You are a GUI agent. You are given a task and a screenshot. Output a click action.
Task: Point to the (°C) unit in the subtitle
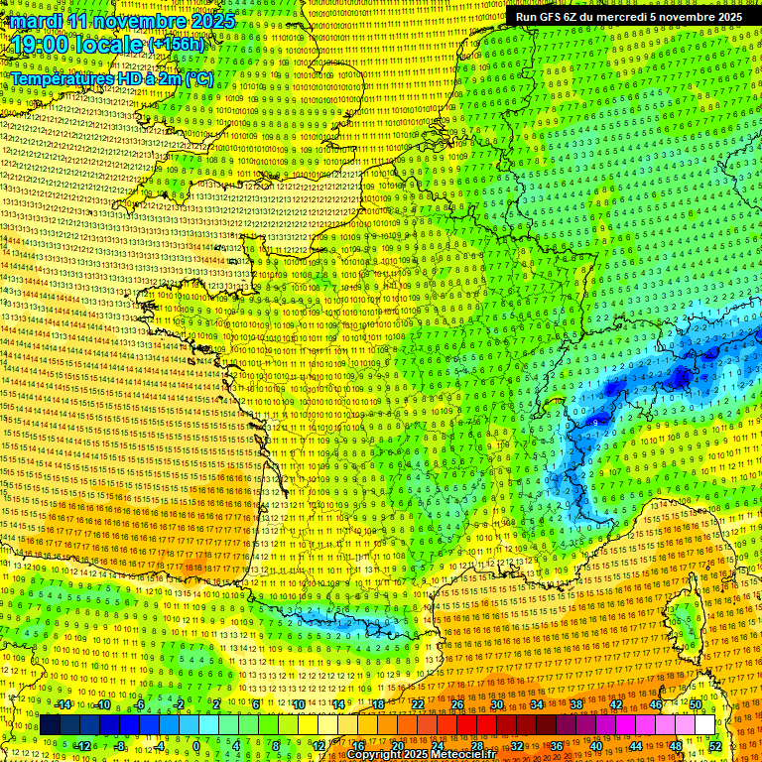197,77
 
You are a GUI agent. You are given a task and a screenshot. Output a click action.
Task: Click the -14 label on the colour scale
63,704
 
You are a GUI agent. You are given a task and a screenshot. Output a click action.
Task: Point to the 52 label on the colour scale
715,746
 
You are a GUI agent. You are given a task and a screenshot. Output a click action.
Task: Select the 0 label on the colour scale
196,746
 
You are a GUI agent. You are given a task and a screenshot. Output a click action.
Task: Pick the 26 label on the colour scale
457,704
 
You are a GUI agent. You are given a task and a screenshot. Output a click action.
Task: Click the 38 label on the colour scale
576,704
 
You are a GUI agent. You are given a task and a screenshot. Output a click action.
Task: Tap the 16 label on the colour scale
357,746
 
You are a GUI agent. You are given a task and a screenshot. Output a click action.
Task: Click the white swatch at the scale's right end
704,725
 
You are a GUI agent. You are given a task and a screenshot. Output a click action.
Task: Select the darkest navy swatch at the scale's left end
50,725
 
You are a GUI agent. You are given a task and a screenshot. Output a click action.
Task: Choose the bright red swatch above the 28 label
477,725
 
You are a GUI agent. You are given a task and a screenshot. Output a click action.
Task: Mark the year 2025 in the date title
212,21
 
